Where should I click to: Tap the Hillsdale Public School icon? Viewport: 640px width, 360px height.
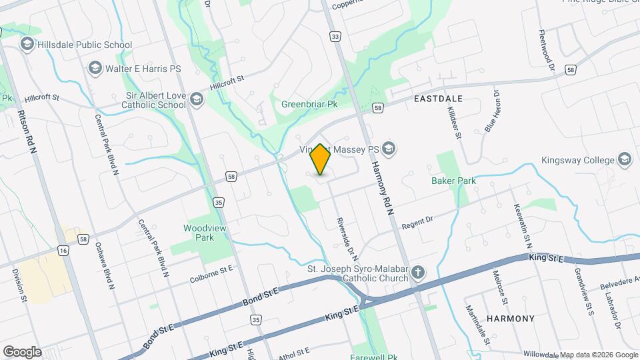pyautogui.click(x=27, y=45)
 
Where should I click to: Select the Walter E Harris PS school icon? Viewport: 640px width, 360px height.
pyautogui.click(x=95, y=68)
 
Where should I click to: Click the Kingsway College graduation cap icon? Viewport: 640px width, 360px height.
pyautogui.click(x=624, y=160)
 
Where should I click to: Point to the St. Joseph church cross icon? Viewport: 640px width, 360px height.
pyautogui.click(x=418, y=272)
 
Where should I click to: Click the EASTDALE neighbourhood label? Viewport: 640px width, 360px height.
pyautogui.click(x=438, y=98)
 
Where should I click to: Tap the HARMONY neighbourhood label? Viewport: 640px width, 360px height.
pyautogui.click(x=511, y=319)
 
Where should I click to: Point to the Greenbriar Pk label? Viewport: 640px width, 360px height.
pyautogui.click(x=309, y=105)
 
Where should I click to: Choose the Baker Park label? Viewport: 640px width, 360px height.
pyautogui.click(x=453, y=181)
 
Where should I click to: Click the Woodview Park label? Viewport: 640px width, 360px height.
pyautogui.click(x=198, y=233)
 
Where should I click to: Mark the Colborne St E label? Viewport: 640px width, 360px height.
pyautogui.click(x=211, y=274)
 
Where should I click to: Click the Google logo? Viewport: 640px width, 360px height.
pyautogui.click(x=22, y=352)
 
